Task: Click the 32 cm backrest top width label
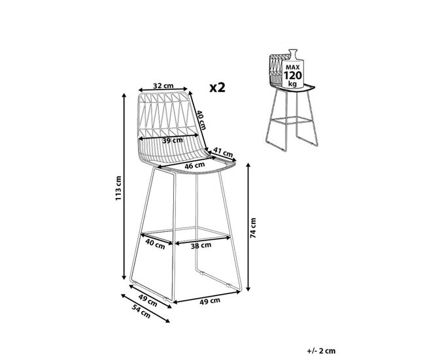point(163,86)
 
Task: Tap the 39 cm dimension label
point(173,140)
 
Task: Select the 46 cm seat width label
point(195,165)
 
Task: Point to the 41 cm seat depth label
point(223,152)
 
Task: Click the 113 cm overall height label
point(118,188)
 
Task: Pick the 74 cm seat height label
point(253,228)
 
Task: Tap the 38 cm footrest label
point(201,246)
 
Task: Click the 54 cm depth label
point(141,311)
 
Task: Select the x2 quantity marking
point(217,88)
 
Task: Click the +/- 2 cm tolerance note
point(321,351)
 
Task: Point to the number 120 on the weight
point(293,76)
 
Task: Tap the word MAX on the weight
point(293,67)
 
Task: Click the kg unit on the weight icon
point(292,84)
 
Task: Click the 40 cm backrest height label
point(201,120)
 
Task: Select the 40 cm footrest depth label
point(156,244)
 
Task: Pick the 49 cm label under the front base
point(210,301)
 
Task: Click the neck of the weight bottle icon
point(293,54)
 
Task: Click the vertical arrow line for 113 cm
point(124,187)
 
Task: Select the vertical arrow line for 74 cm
point(248,227)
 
